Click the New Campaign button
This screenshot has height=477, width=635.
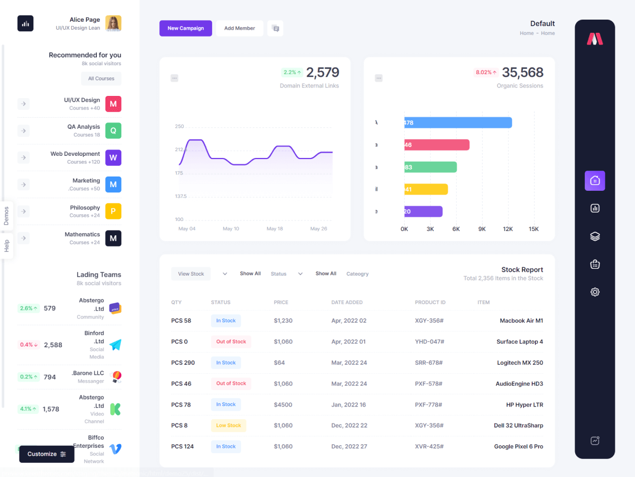pyautogui.click(x=185, y=28)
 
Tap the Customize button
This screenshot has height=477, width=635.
pyautogui.click(x=47, y=454)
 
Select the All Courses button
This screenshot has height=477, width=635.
pyautogui.click(x=101, y=78)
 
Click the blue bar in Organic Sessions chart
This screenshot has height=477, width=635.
pyautogui.click(x=458, y=122)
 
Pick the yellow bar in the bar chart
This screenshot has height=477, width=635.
pyautogui.click(x=426, y=189)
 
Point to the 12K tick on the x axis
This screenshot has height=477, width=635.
pyautogui.click(x=508, y=229)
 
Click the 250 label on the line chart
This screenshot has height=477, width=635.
pyautogui.click(x=179, y=126)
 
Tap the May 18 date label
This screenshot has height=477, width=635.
pyautogui.click(x=275, y=228)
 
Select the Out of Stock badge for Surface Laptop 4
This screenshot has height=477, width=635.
pyautogui.click(x=231, y=342)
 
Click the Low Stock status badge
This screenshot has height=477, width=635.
pyautogui.click(x=229, y=425)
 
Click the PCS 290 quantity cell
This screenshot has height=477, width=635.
pyautogui.click(x=183, y=363)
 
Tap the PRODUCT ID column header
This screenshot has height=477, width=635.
pyautogui.click(x=430, y=302)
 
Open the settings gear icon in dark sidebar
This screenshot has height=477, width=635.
pyautogui.click(x=595, y=292)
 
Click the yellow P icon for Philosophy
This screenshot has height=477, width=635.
pyautogui.click(x=113, y=211)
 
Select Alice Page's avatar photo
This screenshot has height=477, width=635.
pyautogui.click(x=113, y=23)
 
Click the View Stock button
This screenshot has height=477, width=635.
pyautogui.click(x=190, y=274)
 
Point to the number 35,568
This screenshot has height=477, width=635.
pyautogui.click(x=522, y=72)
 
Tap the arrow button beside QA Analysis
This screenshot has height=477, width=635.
pyautogui.click(x=23, y=130)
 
